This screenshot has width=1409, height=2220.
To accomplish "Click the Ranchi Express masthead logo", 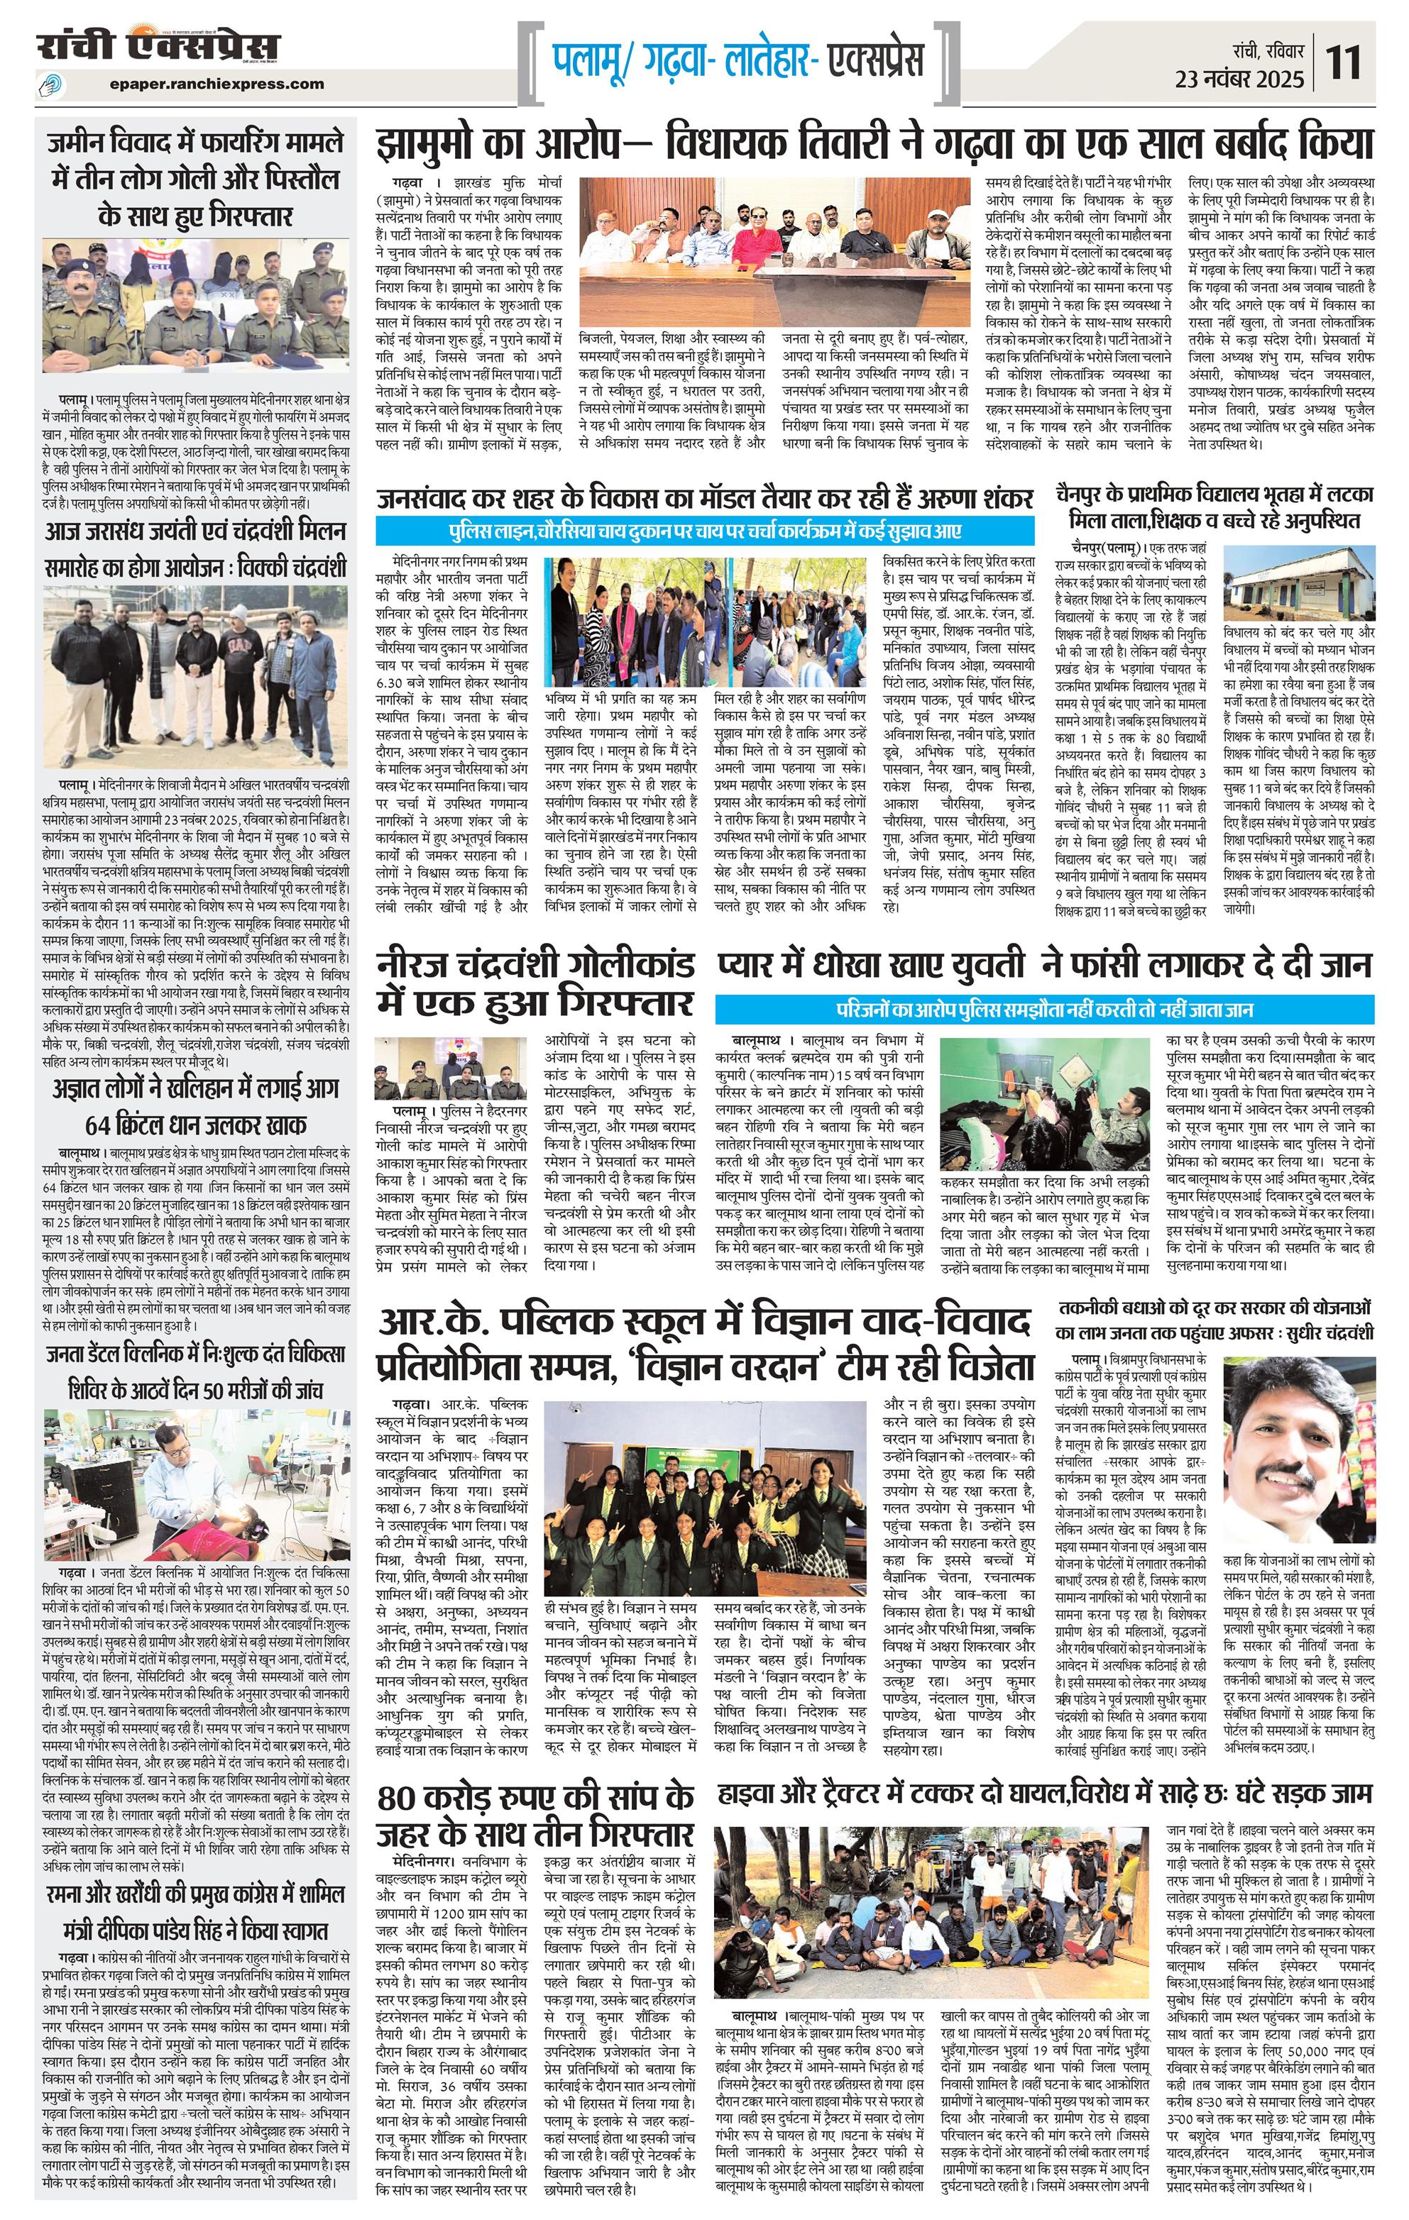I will tap(158, 46).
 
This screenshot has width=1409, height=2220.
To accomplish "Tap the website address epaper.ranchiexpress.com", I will tap(216, 84).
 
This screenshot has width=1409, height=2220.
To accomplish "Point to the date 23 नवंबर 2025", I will tap(1240, 79).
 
